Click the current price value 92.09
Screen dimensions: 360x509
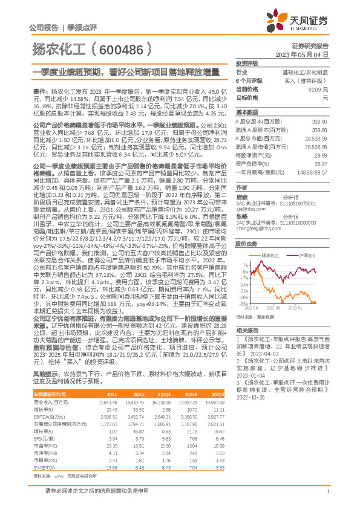[321, 89]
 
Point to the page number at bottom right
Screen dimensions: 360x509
[327, 497]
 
